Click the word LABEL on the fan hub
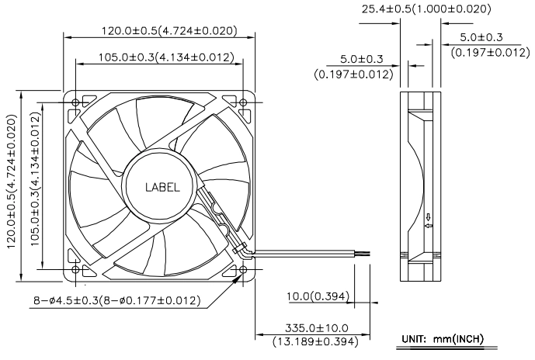pos(162,188)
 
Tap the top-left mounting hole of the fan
pos(76,102)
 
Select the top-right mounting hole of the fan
pos(243,102)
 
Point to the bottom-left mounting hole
pos(76,270)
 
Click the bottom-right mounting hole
pos(243,270)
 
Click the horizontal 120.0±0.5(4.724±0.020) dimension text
pos(169,31)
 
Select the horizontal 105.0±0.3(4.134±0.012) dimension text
pos(166,57)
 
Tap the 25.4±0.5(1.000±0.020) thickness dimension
pos(426,9)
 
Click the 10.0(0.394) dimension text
pos(318,296)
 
